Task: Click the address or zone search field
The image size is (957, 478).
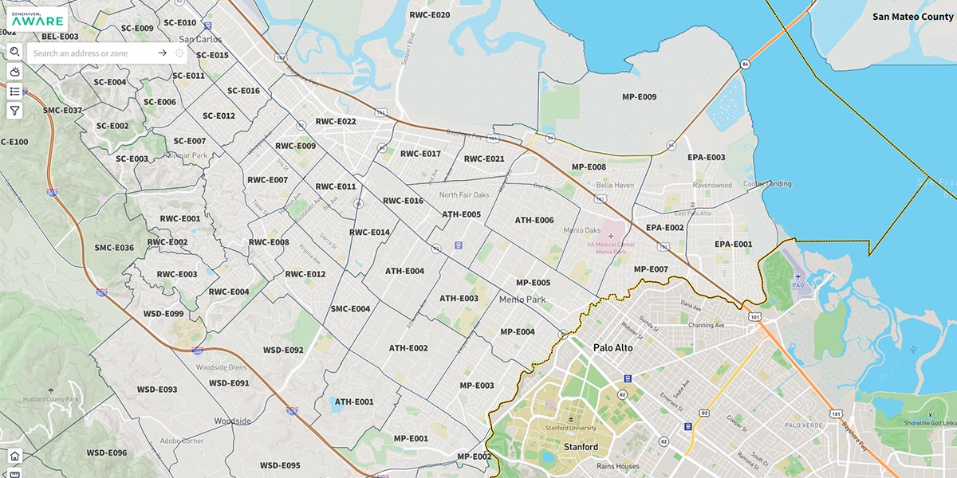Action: [x=92, y=53]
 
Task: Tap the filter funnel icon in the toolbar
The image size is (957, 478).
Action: [x=14, y=111]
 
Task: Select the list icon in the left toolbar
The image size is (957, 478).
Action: [x=14, y=92]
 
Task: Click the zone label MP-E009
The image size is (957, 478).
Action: [x=639, y=97]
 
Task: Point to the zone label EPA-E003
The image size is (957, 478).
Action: [x=706, y=158]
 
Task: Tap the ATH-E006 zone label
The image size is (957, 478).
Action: [x=534, y=221]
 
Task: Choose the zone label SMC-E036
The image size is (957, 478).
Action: [x=114, y=248]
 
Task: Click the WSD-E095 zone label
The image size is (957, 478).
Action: [x=280, y=465]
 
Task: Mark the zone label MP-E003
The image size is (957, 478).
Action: [x=476, y=386]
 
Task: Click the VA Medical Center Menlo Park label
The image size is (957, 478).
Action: [x=611, y=248]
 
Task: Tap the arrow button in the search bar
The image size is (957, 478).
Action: [x=162, y=53]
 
